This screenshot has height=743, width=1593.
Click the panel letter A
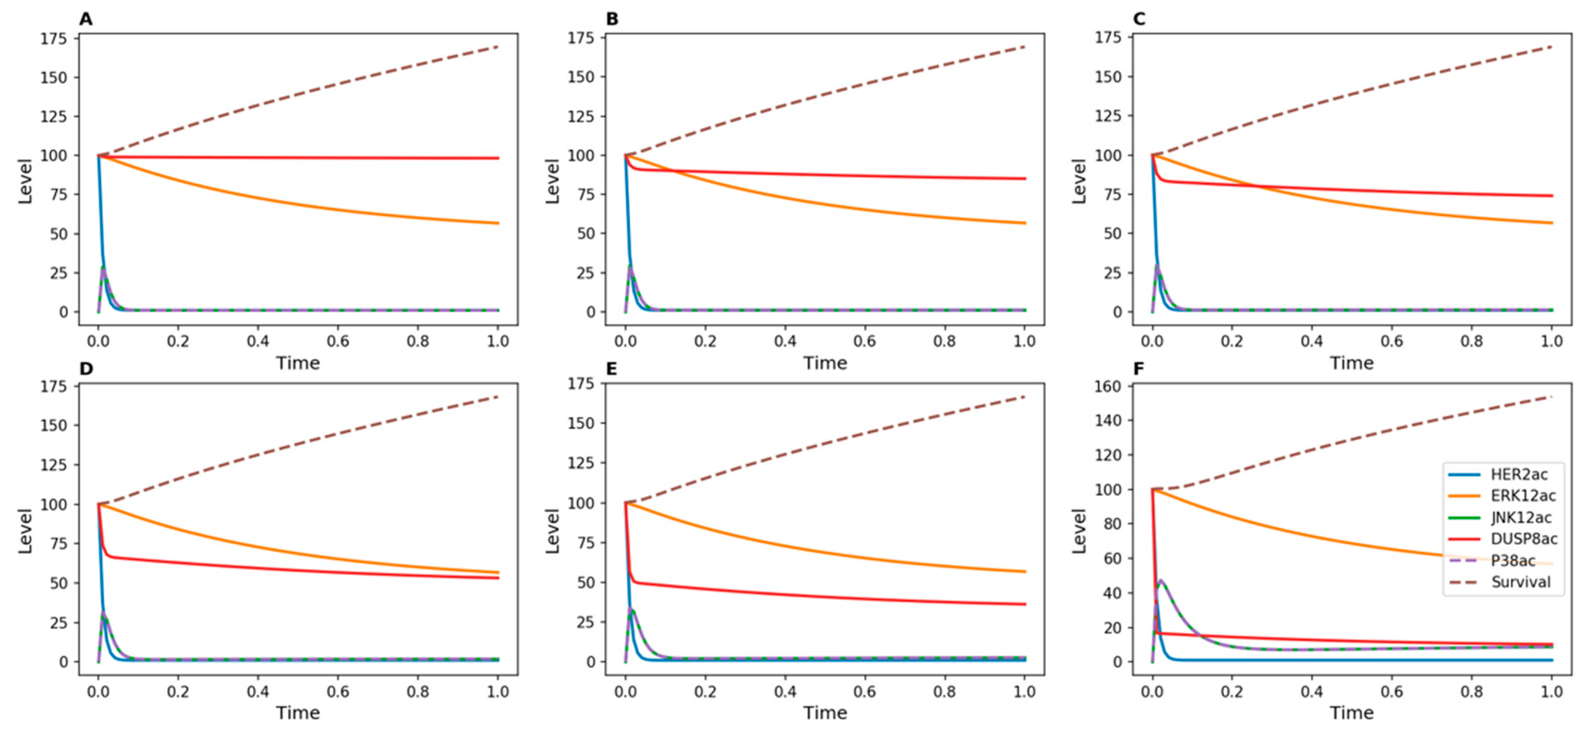[86, 19]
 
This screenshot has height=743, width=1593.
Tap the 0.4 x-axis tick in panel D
[258, 691]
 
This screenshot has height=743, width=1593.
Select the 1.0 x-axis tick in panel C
[1552, 341]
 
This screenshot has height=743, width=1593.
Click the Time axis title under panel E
[825, 713]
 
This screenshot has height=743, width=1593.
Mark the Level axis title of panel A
[25, 181]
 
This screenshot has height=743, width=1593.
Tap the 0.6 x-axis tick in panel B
[864, 341]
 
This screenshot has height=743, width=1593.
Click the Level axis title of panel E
[552, 531]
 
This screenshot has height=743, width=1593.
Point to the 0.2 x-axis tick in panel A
[177, 341]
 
